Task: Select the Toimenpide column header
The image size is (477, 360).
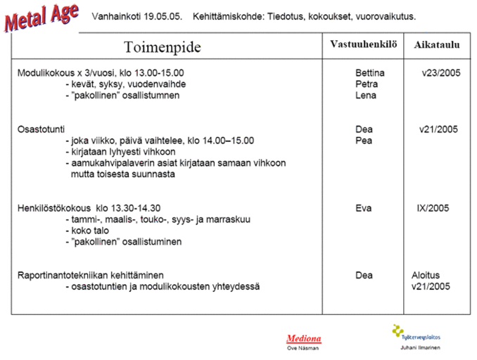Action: point(163,47)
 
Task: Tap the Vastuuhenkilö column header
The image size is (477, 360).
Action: point(364,44)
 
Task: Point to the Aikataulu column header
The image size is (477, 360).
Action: point(437,44)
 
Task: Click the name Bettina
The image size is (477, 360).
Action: point(370,73)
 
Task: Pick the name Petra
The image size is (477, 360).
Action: point(367,84)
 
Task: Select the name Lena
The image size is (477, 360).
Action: point(366,96)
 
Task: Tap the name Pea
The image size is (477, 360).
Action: point(364,141)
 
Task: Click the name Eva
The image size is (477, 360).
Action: point(364,208)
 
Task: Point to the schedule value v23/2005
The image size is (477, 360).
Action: point(441,73)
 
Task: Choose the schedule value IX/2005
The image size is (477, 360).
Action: point(432,208)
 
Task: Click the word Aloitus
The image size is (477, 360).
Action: point(426,276)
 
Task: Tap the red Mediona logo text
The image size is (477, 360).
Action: point(304,338)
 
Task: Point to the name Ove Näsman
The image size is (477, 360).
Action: point(303,348)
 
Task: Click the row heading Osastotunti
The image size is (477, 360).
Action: point(42,129)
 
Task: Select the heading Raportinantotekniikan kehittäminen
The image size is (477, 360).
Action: point(90,276)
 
